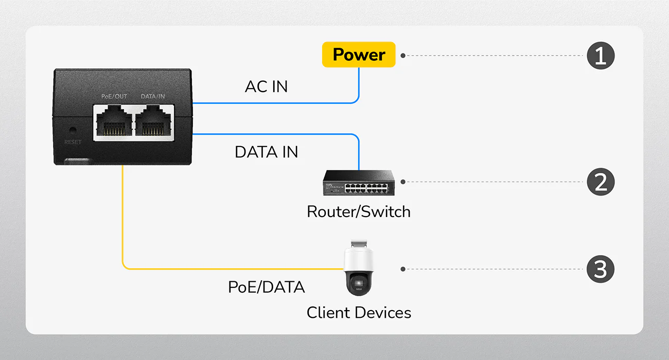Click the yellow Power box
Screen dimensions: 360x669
(x=359, y=55)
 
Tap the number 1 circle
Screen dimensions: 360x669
(x=601, y=55)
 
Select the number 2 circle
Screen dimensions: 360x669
(x=601, y=182)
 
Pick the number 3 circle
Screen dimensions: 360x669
(x=601, y=269)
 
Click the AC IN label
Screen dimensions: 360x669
(x=266, y=87)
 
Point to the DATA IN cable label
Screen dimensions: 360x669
(x=266, y=152)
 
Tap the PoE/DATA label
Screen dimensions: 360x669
(x=266, y=287)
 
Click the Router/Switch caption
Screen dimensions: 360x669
(x=359, y=211)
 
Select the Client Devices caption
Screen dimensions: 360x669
(x=359, y=312)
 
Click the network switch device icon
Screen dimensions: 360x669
(x=359, y=183)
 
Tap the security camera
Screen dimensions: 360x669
(x=359, y=270)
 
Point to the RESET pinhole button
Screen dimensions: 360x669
(x=73, y=131)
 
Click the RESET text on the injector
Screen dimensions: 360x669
(x=73, y=142)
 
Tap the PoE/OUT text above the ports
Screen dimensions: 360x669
(x=114, y=97)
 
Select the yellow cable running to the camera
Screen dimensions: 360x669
(x=124, y=221)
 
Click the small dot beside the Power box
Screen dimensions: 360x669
(x=403, y=55)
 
